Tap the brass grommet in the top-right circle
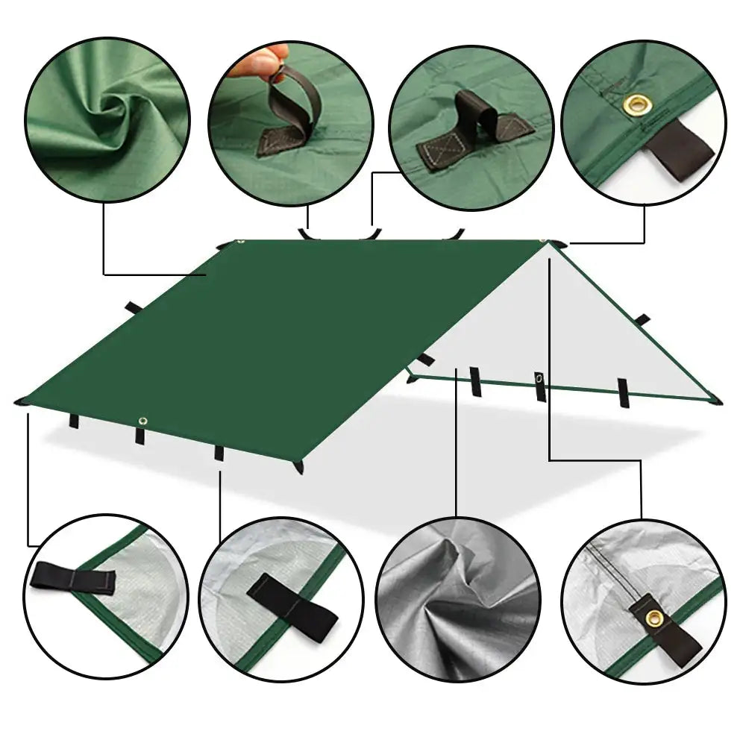click(636, 103)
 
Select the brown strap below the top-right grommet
click(682, 148)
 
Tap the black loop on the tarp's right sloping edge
click(642, 319)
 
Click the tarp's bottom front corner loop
click(300, 466)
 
